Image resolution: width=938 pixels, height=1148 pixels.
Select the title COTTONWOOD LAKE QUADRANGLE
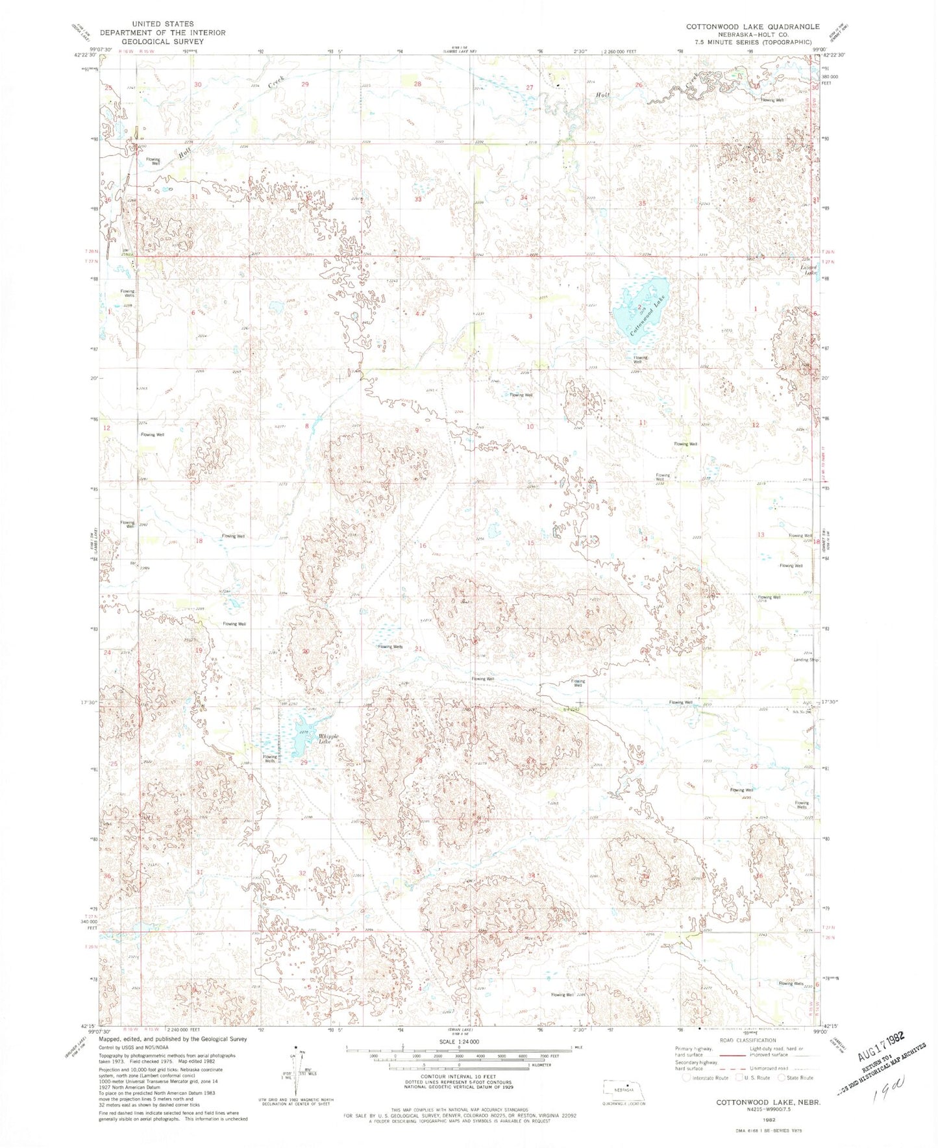[x=753, y=27]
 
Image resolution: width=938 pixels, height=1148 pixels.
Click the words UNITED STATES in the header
[x=162, y=24]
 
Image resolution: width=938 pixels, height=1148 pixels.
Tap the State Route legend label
[x=799, y=1078]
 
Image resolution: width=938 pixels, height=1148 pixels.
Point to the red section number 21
[x=419, y=649]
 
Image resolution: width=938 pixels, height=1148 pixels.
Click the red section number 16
[x=423, y=545]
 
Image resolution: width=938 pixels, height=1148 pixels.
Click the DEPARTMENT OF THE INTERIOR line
[x=162, y=32]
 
